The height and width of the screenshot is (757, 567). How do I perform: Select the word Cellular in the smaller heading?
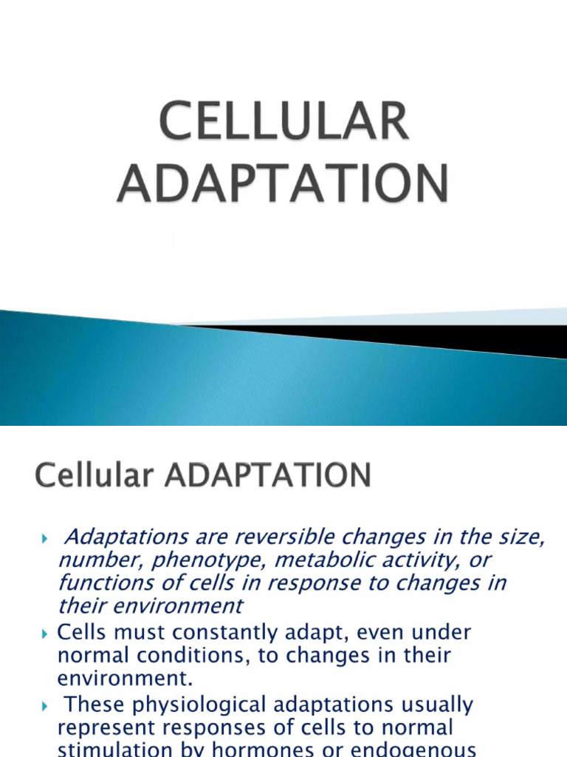[x=88, y=475]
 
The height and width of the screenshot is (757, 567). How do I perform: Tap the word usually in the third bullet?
[x=429, y=705]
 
